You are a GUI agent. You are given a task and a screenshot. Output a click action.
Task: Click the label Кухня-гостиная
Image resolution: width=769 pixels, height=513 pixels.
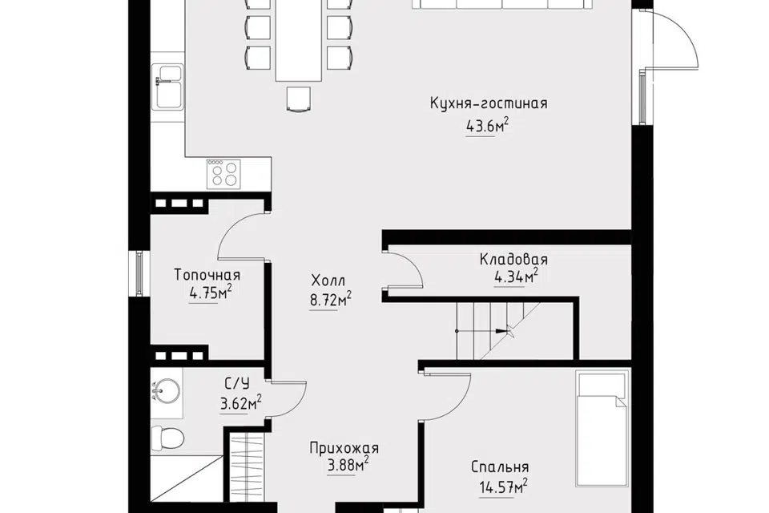coord(489,103)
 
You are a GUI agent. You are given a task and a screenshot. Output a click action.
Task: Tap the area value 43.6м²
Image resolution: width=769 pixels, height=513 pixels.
coord(487,126)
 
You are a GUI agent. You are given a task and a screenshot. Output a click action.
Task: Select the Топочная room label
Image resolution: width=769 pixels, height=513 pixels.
coord(207,275)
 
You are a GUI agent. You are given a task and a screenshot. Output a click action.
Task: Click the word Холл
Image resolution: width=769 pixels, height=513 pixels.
coord(328,281)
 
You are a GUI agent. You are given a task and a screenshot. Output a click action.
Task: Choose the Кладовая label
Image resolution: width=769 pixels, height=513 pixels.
coord(513,259)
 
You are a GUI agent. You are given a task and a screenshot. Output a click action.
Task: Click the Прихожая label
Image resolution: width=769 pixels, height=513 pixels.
coord(344,448)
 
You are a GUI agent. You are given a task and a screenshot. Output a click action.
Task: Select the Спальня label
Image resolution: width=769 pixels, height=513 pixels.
coord(500,467)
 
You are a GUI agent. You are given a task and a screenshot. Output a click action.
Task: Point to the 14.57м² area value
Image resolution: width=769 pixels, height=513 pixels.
coord(503,487)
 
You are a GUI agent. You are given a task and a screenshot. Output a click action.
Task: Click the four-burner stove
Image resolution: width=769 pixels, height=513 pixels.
coord(223,174)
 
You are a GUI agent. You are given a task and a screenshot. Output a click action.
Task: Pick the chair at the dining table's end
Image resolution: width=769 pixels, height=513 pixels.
coord(299,99)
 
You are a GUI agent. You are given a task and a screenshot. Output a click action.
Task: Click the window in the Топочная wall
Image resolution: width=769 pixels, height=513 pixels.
coord(139,273)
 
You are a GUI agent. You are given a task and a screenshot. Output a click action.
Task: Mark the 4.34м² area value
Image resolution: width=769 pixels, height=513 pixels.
coord(516,277)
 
